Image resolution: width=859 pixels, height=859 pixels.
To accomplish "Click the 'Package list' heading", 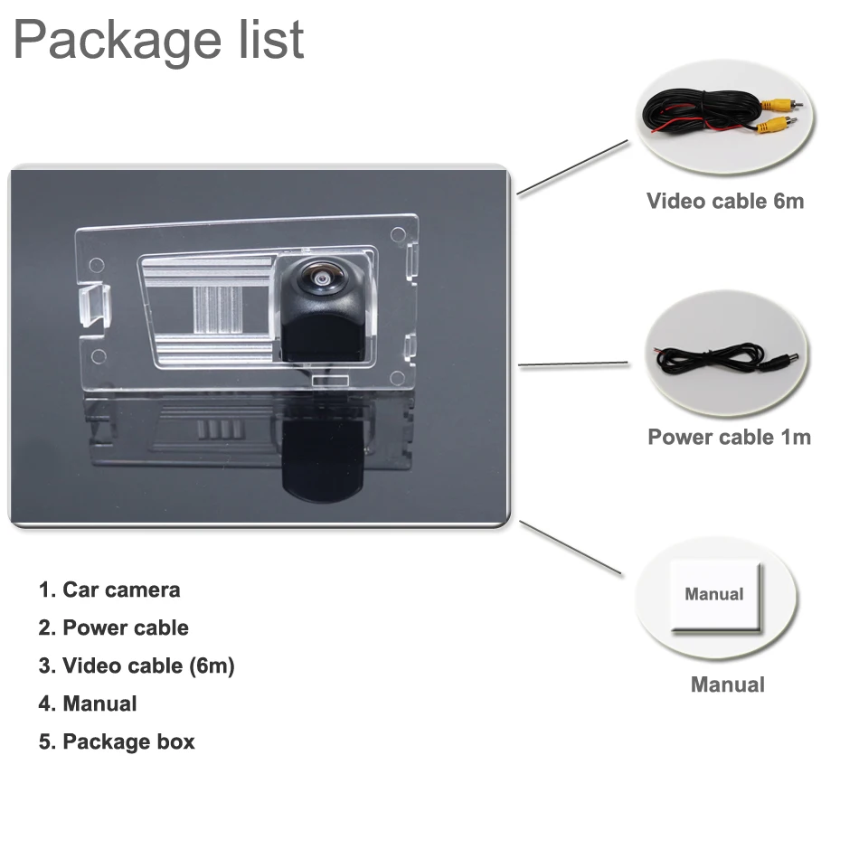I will pos(159,41).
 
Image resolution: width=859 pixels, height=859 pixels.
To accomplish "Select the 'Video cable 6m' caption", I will pos(724,201).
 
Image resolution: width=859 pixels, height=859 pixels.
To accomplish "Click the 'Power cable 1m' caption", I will pos(729,438).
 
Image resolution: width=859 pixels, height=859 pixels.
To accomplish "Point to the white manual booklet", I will pos(715,596).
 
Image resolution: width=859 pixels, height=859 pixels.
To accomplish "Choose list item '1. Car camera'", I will pos(109,590).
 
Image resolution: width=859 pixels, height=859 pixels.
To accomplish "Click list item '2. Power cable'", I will pos(113,628).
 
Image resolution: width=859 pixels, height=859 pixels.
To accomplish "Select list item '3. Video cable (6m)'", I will pos(136,666).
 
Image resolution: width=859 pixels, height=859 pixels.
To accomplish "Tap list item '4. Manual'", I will pos(88,704).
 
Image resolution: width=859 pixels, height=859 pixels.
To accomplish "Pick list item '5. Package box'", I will pos(116,742).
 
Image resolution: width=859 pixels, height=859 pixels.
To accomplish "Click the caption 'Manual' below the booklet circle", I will pos(727,685).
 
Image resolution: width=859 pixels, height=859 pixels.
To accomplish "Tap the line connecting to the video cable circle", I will pos(571,168).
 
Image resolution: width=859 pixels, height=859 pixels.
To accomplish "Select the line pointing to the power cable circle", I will pos(573,365).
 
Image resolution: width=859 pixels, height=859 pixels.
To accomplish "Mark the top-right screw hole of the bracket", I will pos(398,233).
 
